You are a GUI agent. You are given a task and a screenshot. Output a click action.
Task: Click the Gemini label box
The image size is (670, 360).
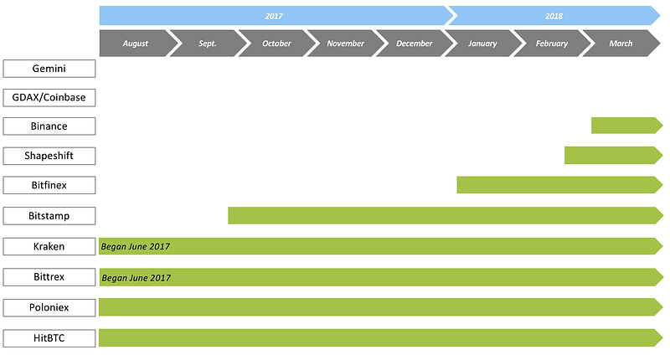(x=49, y=69)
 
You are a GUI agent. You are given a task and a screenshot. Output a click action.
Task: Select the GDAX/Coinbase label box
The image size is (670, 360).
(x=49, y=98)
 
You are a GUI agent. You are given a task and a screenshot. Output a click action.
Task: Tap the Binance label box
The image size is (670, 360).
(x=49, y=126)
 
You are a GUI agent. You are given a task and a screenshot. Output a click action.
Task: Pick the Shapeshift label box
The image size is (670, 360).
(x=49, y=156)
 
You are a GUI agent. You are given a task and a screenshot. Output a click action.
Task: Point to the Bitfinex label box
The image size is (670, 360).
(x=49, y=185)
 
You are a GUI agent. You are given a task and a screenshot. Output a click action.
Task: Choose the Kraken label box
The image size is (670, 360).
(x=49, y=246)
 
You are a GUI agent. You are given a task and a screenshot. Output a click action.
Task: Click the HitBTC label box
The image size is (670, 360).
(x=49, y=338)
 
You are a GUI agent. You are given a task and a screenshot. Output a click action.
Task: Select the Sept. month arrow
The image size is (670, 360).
(x=208, y=44)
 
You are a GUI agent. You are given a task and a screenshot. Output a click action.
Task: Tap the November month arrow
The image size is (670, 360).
(x=346, y=44)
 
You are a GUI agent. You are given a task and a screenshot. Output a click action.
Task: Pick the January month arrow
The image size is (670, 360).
(x=483, y=44)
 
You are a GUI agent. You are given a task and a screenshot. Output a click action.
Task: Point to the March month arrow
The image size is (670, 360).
(x=621, y=44)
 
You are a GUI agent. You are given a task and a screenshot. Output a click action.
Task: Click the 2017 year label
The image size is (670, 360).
(x=274, y=16)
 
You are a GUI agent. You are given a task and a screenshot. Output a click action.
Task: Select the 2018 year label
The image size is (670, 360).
(x=554, y=16)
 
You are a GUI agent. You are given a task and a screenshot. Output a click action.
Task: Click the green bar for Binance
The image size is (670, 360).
(x=626, y=126)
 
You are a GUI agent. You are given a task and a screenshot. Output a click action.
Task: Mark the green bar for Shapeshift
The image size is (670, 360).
(x=614, y=156)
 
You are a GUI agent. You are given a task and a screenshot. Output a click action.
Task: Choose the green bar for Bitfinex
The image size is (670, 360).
(x=559, y=185)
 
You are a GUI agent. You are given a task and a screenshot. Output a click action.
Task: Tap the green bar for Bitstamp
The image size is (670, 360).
(x=446, y=216)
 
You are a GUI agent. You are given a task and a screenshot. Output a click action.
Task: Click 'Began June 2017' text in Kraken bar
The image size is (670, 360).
(x=136, y=246)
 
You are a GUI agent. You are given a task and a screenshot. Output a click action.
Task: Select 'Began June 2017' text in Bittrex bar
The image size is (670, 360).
(x=137, y=278)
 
